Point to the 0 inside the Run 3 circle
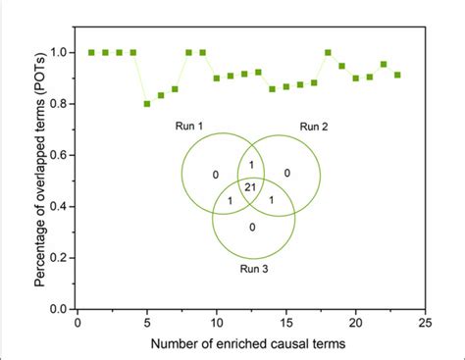click(x=253, y=228)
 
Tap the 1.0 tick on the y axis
click(x=62, y=52)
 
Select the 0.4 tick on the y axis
click(x=62, y=206)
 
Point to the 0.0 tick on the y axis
click(x=62, y=308)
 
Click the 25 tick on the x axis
click(x=425, y=321)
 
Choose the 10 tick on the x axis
click(x=216, y=321)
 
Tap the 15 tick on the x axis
click(x=285, y=321)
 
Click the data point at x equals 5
click(x=147, y=103)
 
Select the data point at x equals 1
click(x=91, y=52)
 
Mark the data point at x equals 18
click(x=328, y=52)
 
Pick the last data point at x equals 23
click(x=397, y=75)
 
